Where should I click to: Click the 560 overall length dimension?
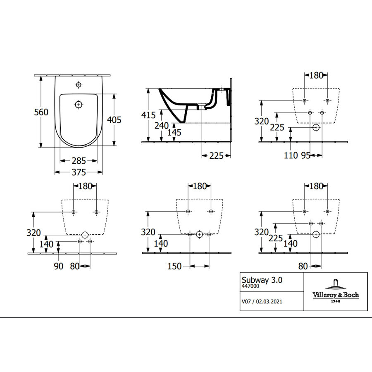[x=41, y=112]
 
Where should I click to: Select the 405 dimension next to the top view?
[x=114, y=120]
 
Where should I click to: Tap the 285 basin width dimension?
[x=79, y=160]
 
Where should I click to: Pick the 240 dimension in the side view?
[x=161, y=125]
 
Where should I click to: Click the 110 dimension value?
[x=291, y=155]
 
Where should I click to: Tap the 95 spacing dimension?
[x=306, y=155]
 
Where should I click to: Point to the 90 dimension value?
[x=58, y=267]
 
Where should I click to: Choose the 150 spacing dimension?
[x=174, y=267]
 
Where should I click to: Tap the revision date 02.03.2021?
[x=269, y=302]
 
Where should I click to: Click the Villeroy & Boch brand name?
[x=335, y=295]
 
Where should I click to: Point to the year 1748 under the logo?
[x=335, y=301]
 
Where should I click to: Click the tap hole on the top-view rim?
[x=79, y=86]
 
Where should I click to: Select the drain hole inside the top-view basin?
[x=79, y=104]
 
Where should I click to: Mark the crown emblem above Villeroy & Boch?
[x=335, y=284]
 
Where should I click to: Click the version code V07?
[x=246, y=302]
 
